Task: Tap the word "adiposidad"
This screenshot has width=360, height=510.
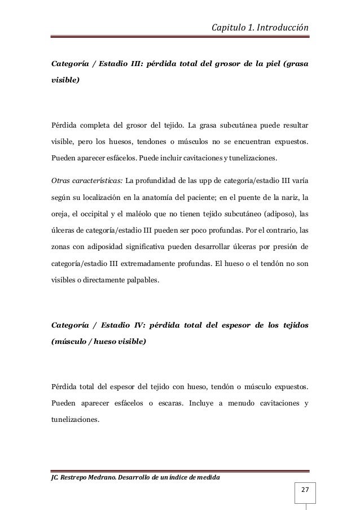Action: (x=100, y=247)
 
